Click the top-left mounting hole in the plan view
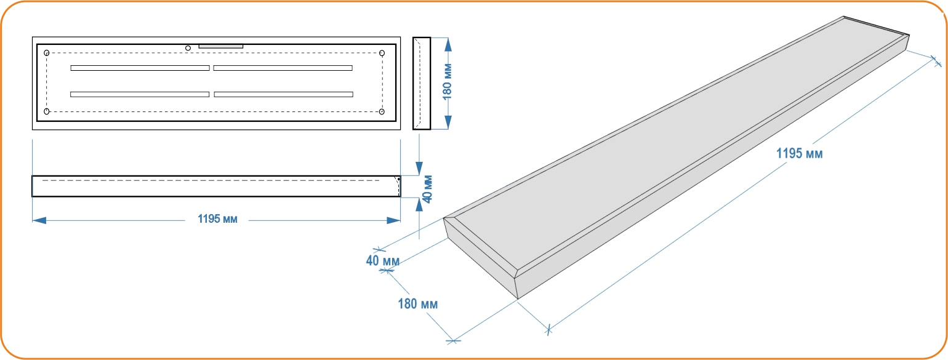(x=47, y=53)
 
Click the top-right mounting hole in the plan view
(x=382, y=53)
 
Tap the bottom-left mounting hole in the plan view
(x=47, y=111)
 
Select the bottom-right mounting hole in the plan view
(x=382, y=111)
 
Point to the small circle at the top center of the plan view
(x=188, y=48)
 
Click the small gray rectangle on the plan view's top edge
(x=221, y=46)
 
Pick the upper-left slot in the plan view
(x=140, y=68)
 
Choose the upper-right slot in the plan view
(x=283, y=68)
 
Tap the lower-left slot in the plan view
(x=140, y=94)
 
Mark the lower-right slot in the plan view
(x=284, y=94)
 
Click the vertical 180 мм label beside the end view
(x=448, y=82)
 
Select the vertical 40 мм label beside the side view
(x=428, y=189)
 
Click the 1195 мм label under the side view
(x=217, y=219)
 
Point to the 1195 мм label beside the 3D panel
(x=800, y=153)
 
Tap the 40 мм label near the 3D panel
(x=383, y=260)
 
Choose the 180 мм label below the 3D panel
(x=418, y=304)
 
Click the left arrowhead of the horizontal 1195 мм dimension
(x=39, y=220)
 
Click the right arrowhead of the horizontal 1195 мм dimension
(x=393, y=220)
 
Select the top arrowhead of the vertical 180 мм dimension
(x=448, y=45)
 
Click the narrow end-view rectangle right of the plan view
(x=422, y=83)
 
